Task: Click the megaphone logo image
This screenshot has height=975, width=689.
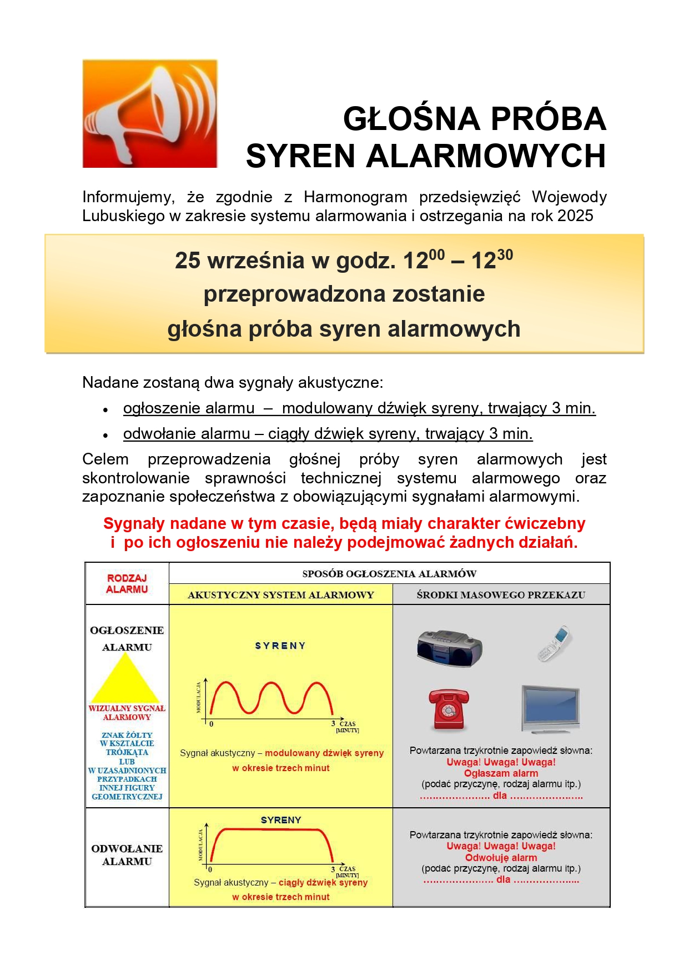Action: point(150,114)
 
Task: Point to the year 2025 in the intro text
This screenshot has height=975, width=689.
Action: point(575,216)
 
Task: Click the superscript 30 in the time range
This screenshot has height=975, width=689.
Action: point(505,255)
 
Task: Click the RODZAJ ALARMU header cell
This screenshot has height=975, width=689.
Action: point(127,583)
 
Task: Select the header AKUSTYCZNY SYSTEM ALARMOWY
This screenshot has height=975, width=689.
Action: point(281,595)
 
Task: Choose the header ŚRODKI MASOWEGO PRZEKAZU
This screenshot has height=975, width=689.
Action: point(501,595)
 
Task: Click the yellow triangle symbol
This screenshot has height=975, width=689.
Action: point(126,679)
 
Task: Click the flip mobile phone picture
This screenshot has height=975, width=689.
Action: point(555,643)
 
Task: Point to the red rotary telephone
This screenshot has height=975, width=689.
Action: point(449,708)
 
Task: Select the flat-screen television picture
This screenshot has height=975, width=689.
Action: point(550,709)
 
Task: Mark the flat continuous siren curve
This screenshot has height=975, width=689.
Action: point(271,830)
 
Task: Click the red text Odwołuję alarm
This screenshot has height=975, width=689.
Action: point(501,858)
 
